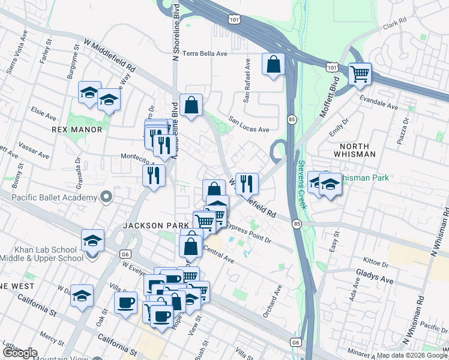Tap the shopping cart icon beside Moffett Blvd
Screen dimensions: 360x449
tap(360, 74)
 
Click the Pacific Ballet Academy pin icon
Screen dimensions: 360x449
tap(106, 197)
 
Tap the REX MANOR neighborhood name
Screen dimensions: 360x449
tap(77, 130)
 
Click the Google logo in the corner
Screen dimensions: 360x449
tap(20, 353)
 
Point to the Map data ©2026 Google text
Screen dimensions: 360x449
tap(411, 355)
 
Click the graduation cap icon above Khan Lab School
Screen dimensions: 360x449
tap(92, 240)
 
